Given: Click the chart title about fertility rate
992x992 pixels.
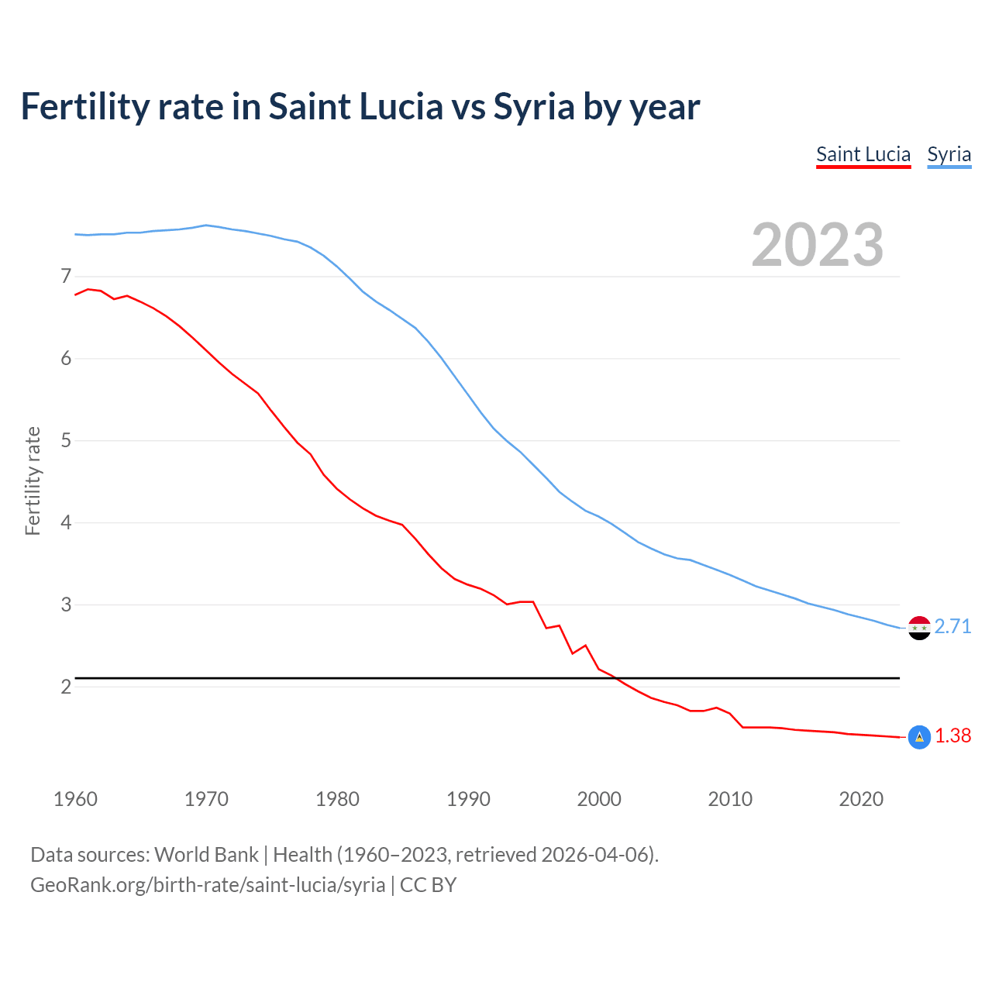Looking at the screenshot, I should coord(360,107).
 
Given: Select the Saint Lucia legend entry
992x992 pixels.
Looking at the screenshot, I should coord(863,154).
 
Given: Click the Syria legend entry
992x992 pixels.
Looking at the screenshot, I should coord(949,154).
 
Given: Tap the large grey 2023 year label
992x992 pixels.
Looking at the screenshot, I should coord(818,245).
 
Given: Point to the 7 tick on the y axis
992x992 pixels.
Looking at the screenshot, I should coord(66,277).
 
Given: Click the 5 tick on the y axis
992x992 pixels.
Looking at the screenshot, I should coord(66,441).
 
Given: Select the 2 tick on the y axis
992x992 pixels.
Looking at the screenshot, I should coord(66,687).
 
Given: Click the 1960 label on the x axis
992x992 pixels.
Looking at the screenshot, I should coord(75,799).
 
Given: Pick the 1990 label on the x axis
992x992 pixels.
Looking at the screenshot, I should coord(468,799).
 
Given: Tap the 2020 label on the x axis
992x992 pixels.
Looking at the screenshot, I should coord(861,799).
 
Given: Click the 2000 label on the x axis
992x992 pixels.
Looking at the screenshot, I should coord(599,799).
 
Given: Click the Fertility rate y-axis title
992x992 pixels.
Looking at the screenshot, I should coord(33,480).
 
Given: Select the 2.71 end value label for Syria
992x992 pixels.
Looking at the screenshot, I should coord(952,626).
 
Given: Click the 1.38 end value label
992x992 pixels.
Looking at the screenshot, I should coord(952,736).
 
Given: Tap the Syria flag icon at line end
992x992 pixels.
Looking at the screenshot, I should coord(919,628).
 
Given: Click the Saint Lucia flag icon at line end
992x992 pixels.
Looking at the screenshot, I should coord(919,738).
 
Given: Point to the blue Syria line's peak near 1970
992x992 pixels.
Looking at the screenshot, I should coord(205,226).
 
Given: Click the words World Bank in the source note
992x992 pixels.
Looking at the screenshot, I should coord(206,855).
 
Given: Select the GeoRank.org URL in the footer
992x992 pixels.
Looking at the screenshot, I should coord(208,885).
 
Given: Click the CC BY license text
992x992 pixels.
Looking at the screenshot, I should coord(428,885).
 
